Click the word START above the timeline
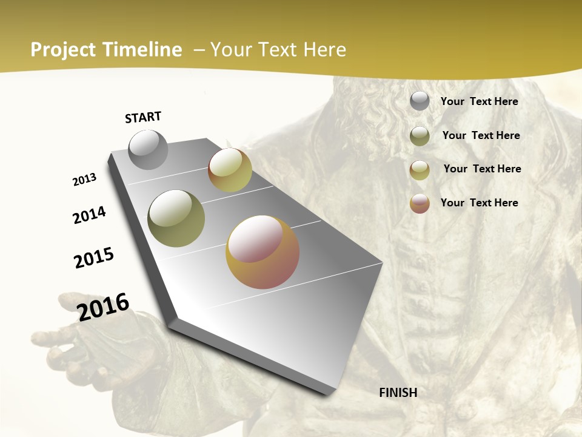(143, 117)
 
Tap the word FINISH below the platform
(398, 393)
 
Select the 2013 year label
(84, 180)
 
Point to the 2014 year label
(89, 215)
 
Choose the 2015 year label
(94, 258)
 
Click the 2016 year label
(103, 307)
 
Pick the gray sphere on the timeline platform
(148, 149)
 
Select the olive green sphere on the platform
(176, 218)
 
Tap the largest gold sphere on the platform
(263, 252)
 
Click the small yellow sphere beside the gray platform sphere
(230, 170)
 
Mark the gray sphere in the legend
(420, 101)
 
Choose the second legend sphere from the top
(420, 136)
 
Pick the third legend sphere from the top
(420, 170)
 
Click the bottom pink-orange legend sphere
(420, 203)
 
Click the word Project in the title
(64, 50)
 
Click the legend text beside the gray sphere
(479, 102)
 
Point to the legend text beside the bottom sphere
(479, 203)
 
